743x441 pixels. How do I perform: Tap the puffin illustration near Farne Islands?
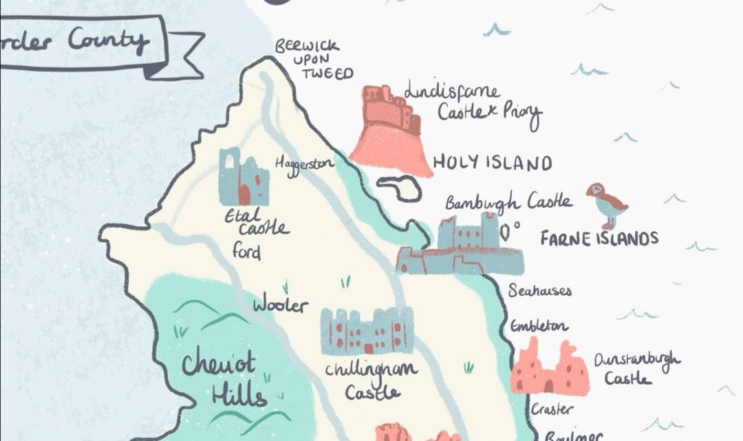[x=606, y=205]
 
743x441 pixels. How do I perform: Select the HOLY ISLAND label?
[x=492, y=163]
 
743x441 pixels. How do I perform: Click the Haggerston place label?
[x=304, y=165]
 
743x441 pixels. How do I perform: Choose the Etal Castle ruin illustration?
[x=243, y=178]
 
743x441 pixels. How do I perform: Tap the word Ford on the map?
[x=246, y=250]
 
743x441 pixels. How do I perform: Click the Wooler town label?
[x=281, y=304]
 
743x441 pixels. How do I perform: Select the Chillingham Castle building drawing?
[x=367, y=331]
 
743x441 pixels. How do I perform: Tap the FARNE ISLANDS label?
[x=599, y=239]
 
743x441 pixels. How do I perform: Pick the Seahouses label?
[x=540, y=291]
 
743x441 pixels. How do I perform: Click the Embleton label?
[x=539, y=326]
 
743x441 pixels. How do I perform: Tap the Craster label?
[x=551, y=409]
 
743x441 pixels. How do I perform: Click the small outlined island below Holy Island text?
[x=400, y=188]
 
